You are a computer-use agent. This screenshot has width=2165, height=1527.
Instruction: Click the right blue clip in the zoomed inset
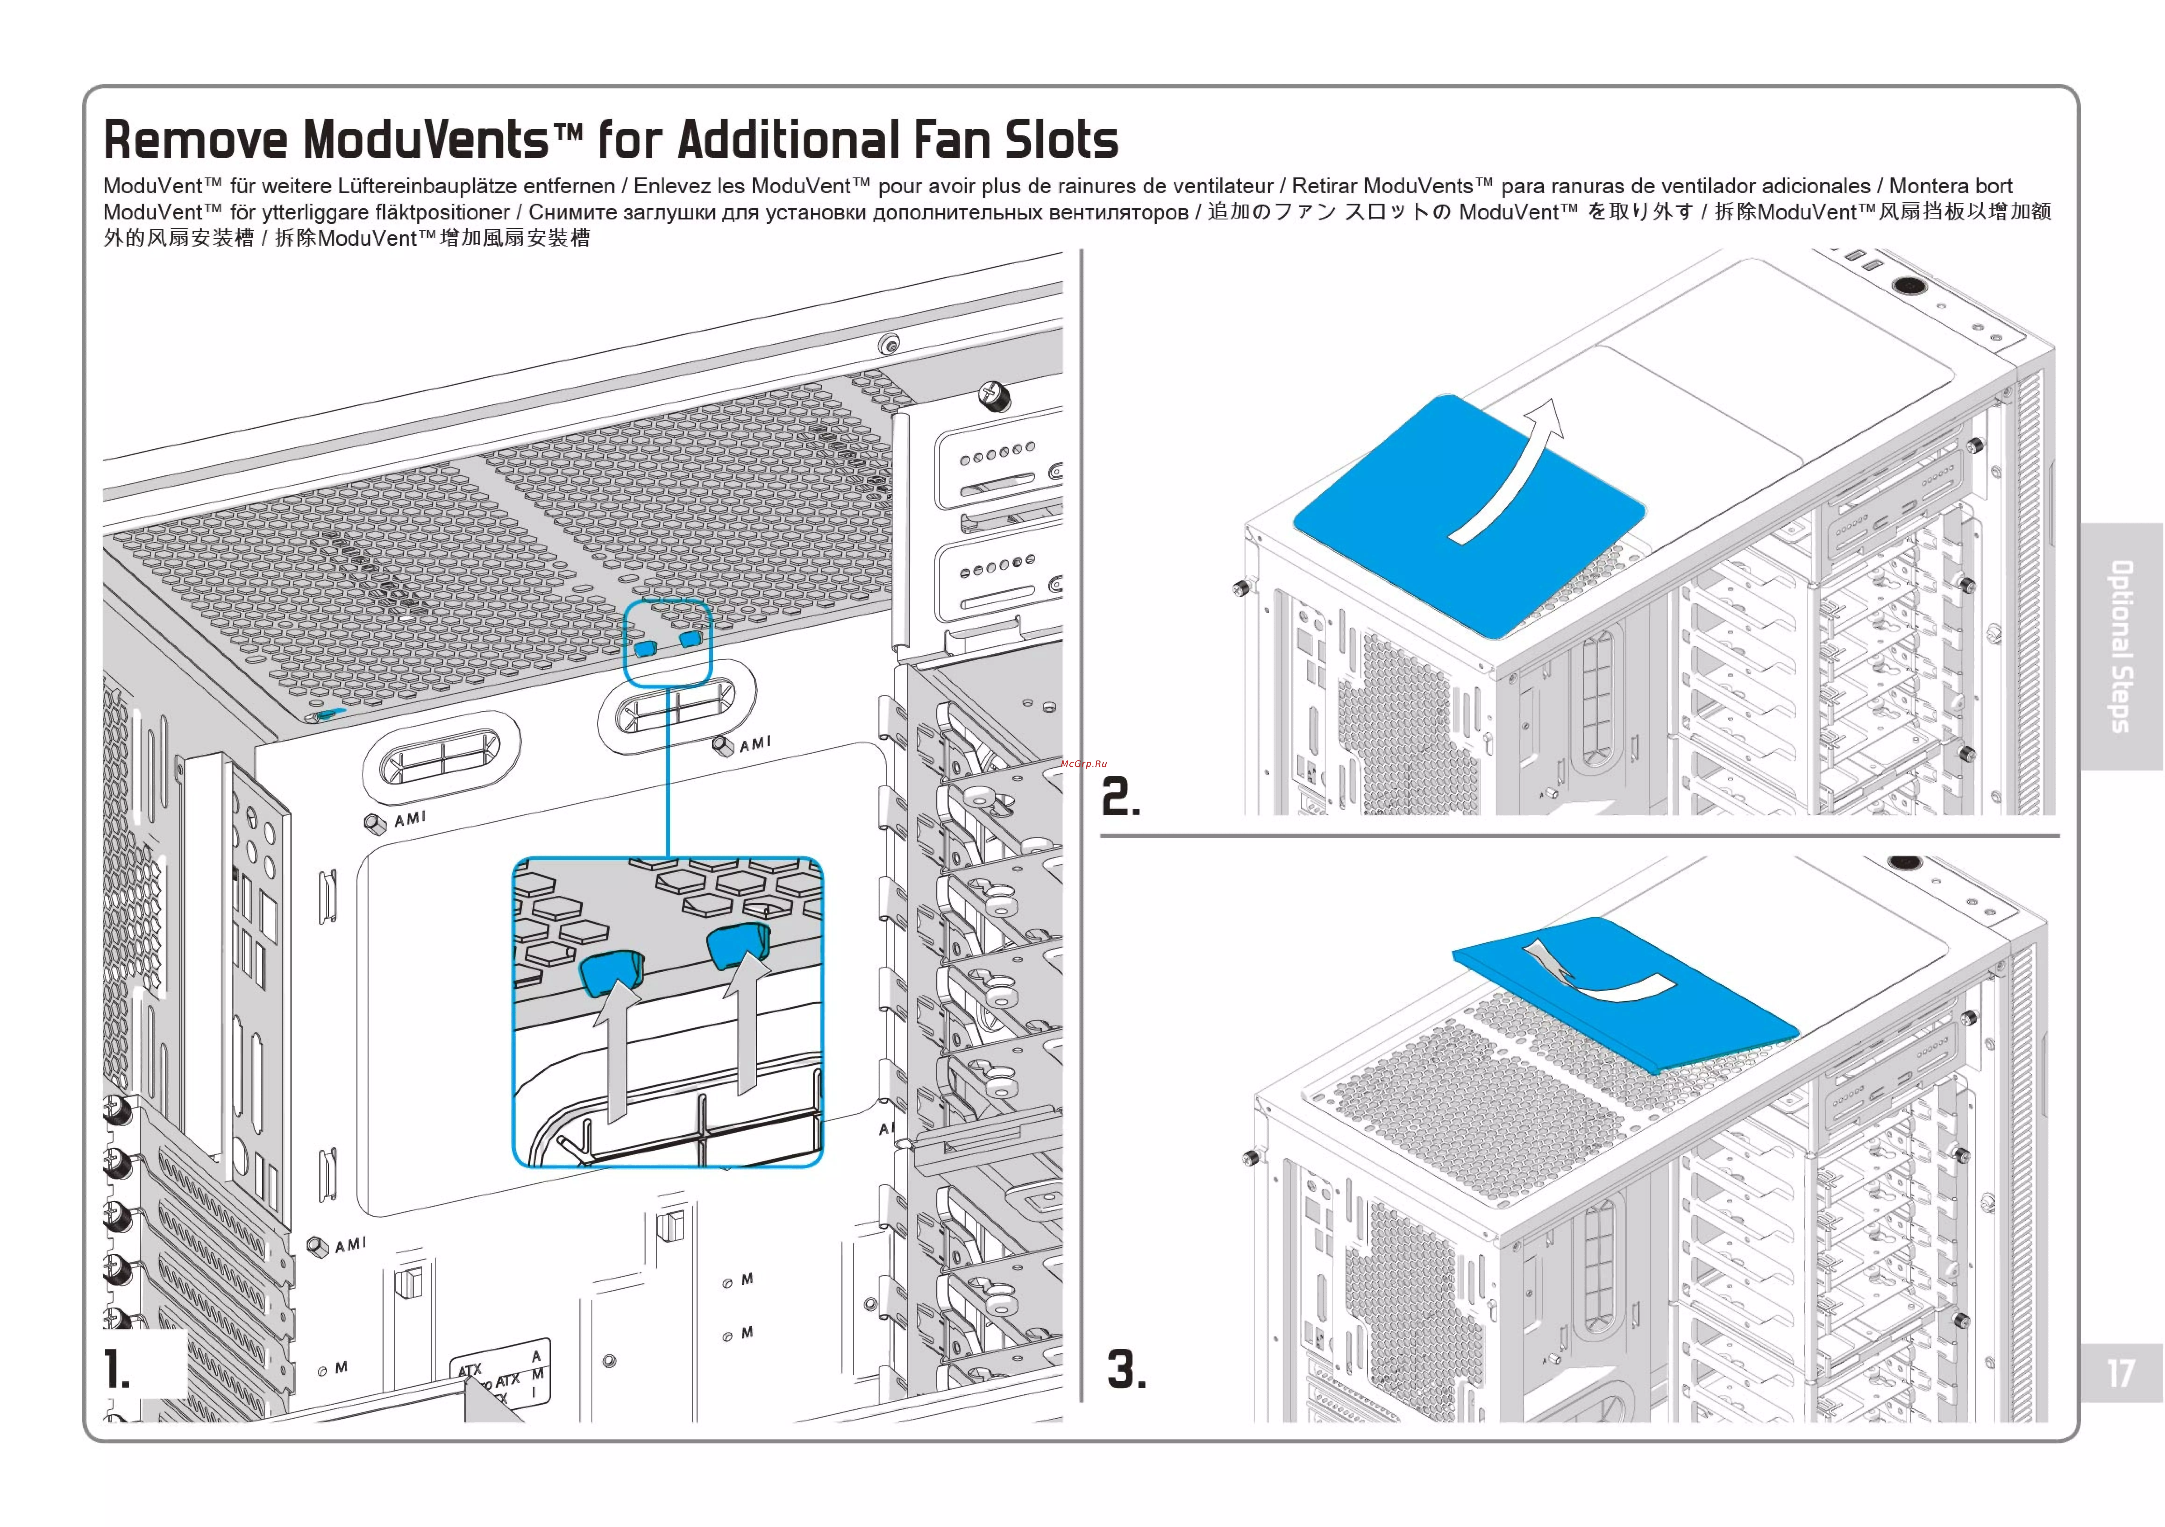(738, 945)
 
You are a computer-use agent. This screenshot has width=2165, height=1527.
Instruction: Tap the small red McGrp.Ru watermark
(1083, 763)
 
